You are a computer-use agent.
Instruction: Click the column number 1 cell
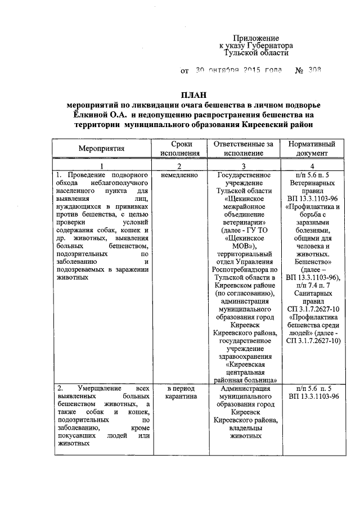(x=102, y=166)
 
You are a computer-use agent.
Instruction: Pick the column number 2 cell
(x=179, y=166)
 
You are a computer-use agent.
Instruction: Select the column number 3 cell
(x=243, y=166)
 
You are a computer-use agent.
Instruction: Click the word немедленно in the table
(x=179, y=175)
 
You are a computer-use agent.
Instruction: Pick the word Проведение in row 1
(x=92, y=175)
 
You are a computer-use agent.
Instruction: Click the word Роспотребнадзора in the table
(x=243, y=269)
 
